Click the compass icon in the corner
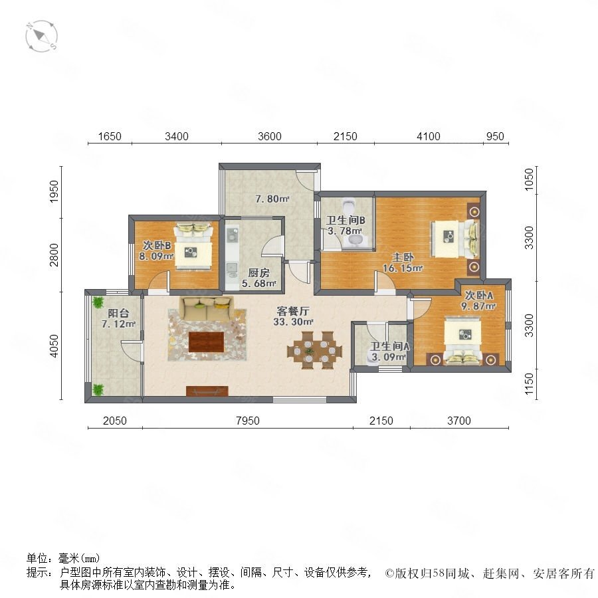point(42,37)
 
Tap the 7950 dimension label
point(248,421)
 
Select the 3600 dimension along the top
point(270,136)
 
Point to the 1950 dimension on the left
point(54,191)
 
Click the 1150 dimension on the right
point(529,384)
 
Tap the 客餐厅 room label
point(293,311)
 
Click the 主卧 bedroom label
point(403,257)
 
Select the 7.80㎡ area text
point(272,199)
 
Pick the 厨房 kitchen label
point(258,272)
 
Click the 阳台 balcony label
point(118,314)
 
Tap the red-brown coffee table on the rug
point(207,342)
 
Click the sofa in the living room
point(207,309)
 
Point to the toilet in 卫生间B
point(349,207)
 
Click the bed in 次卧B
point(193,247)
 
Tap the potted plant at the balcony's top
point(98,302)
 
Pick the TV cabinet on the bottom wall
point(207,391)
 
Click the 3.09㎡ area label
point(389,357)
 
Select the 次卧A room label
point(478,296)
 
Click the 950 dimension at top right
point(495,136)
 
